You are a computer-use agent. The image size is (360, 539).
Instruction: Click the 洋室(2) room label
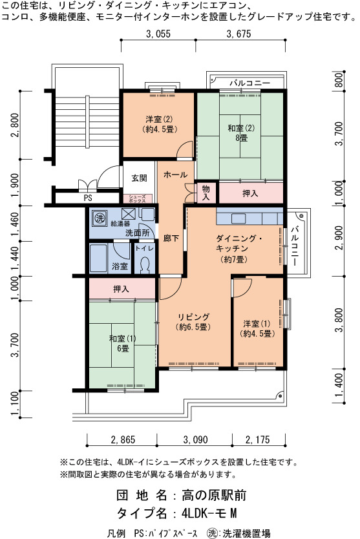click(159, 124)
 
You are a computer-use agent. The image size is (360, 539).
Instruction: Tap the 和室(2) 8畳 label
click(241, 133)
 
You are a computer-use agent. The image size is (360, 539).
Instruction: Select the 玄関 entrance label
click(139, 178)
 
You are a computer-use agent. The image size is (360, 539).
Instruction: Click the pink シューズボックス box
click(138, 198)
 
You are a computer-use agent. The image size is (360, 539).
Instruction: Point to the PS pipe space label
click(88, 198)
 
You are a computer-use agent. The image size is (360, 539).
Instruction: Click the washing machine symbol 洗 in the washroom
click(100, 218)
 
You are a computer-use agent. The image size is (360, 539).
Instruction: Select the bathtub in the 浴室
click(98, 258)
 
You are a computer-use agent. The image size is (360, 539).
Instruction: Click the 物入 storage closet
click(206, 193)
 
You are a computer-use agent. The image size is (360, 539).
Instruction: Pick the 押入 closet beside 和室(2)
click(250, 193)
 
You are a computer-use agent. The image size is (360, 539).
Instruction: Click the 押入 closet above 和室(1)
click(122, 289)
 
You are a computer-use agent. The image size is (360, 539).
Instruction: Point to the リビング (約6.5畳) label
click(193, 322)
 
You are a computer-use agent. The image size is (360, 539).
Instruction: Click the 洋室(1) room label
click(257, 328)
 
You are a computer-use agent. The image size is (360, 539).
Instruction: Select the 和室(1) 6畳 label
click(122, 343)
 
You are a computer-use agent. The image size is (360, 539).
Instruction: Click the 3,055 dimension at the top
click(158, 34)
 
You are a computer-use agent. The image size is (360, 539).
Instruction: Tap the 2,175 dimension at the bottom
click(257, 439)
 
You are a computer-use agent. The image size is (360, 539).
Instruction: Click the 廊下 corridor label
click(171, 238)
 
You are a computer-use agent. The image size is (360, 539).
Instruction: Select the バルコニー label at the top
click(250, 83)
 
